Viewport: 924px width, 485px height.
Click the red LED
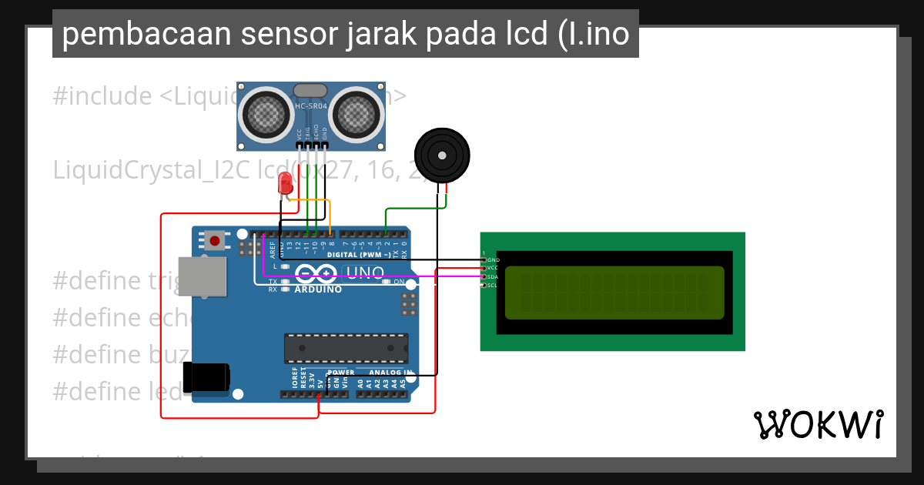[x=285, y=183]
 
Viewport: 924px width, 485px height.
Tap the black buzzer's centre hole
[x=442, y=156]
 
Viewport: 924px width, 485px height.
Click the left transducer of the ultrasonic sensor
[x=266, y=115]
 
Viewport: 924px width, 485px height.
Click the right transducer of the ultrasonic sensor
[x=357, y=115]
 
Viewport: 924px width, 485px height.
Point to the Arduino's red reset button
[x=214, y=241]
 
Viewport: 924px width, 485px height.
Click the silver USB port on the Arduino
[x=202, y=276]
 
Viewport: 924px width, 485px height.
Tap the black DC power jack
[x=206, y=377]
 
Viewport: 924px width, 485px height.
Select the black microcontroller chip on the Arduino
[x=346, y=348]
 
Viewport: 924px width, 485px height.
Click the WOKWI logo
[x=818, y=424]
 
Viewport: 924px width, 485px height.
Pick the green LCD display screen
[x=614, y=293]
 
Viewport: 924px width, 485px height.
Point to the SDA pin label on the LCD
[x=493, y=276]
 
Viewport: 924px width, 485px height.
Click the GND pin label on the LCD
[x=494, y=260]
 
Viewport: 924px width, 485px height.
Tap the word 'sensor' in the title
[x=293, y=34]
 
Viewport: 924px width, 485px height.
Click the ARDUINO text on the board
[x=318, y=289]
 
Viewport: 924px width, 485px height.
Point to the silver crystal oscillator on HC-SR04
[x=310, y=92]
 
